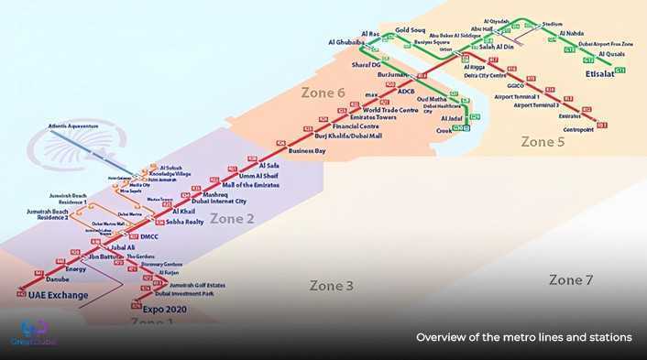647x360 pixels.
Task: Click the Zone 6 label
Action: click(x=323, y=93)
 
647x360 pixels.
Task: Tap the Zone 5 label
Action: click(x=543, y=142)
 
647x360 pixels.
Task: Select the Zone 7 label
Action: click(x=571, y=279)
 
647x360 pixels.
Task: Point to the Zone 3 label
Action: click(x=331, y=286)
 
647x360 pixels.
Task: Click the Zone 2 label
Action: click(x=232, y=218)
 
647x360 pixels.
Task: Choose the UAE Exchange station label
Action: click(x=58, y=295)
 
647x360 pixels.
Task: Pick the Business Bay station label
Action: click(x=307, y=149)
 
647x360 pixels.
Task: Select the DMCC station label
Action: click(x=149, y=236)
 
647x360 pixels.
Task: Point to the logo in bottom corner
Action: click(x=34, y=333)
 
